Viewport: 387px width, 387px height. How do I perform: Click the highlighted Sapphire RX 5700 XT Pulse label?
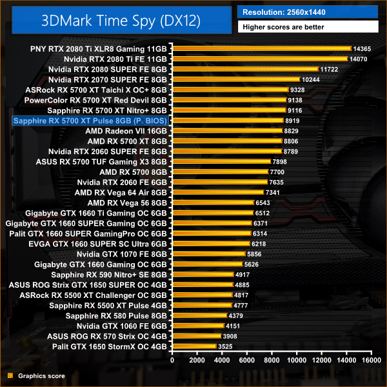click(90, 121)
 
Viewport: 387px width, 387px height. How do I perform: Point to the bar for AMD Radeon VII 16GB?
click(226, 131)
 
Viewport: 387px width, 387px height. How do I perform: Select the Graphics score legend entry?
click(35, 375)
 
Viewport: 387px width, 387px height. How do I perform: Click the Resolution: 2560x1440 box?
click(310, 12)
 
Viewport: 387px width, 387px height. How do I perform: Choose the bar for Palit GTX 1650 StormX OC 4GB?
click(193, 346)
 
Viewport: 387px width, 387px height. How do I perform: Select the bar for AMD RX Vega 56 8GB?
click(212, 203)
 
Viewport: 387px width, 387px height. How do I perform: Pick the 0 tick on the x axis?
click(172, 361)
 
